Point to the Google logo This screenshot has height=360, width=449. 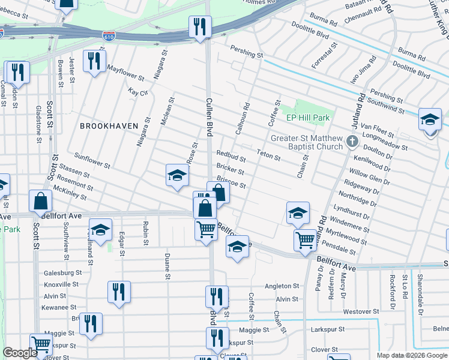coord(20,353)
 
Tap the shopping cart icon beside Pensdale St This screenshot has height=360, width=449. coord(306,240)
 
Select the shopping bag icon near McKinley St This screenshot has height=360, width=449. coord(40,202)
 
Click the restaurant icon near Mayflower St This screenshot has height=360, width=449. coord(94,61)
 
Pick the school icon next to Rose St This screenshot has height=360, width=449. coord(177,176)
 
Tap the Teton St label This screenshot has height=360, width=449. coord(269,156)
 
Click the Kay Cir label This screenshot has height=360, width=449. coord(138,92)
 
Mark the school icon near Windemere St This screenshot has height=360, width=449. coord(298,212)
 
